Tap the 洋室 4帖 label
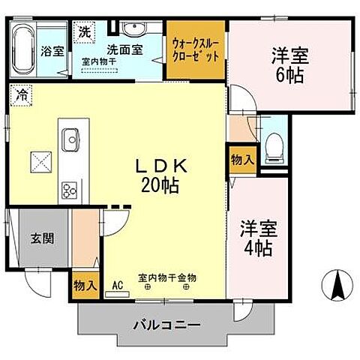click(257, 236)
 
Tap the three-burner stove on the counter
click(71, 189)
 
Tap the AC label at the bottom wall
click(117, 286)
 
